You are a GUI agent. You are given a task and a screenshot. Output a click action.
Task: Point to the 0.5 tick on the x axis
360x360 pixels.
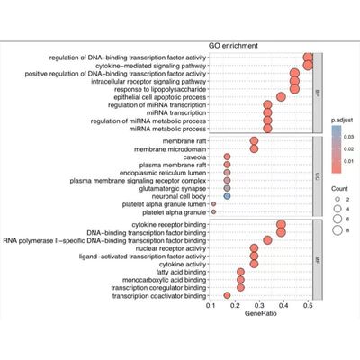pos(309,306)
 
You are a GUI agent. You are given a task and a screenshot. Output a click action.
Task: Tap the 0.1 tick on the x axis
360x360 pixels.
pos(211,306)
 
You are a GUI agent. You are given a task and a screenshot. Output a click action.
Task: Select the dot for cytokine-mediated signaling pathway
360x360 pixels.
pos(309,66)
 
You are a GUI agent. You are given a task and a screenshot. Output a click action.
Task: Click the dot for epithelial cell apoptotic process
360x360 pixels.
pos(281,95)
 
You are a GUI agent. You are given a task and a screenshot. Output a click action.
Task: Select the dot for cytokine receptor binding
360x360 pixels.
pos(281,224)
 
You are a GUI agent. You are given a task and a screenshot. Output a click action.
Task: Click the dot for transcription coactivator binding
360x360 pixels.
pos(227,295)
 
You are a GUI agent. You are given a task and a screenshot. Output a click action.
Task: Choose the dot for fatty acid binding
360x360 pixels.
pos(240,271)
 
